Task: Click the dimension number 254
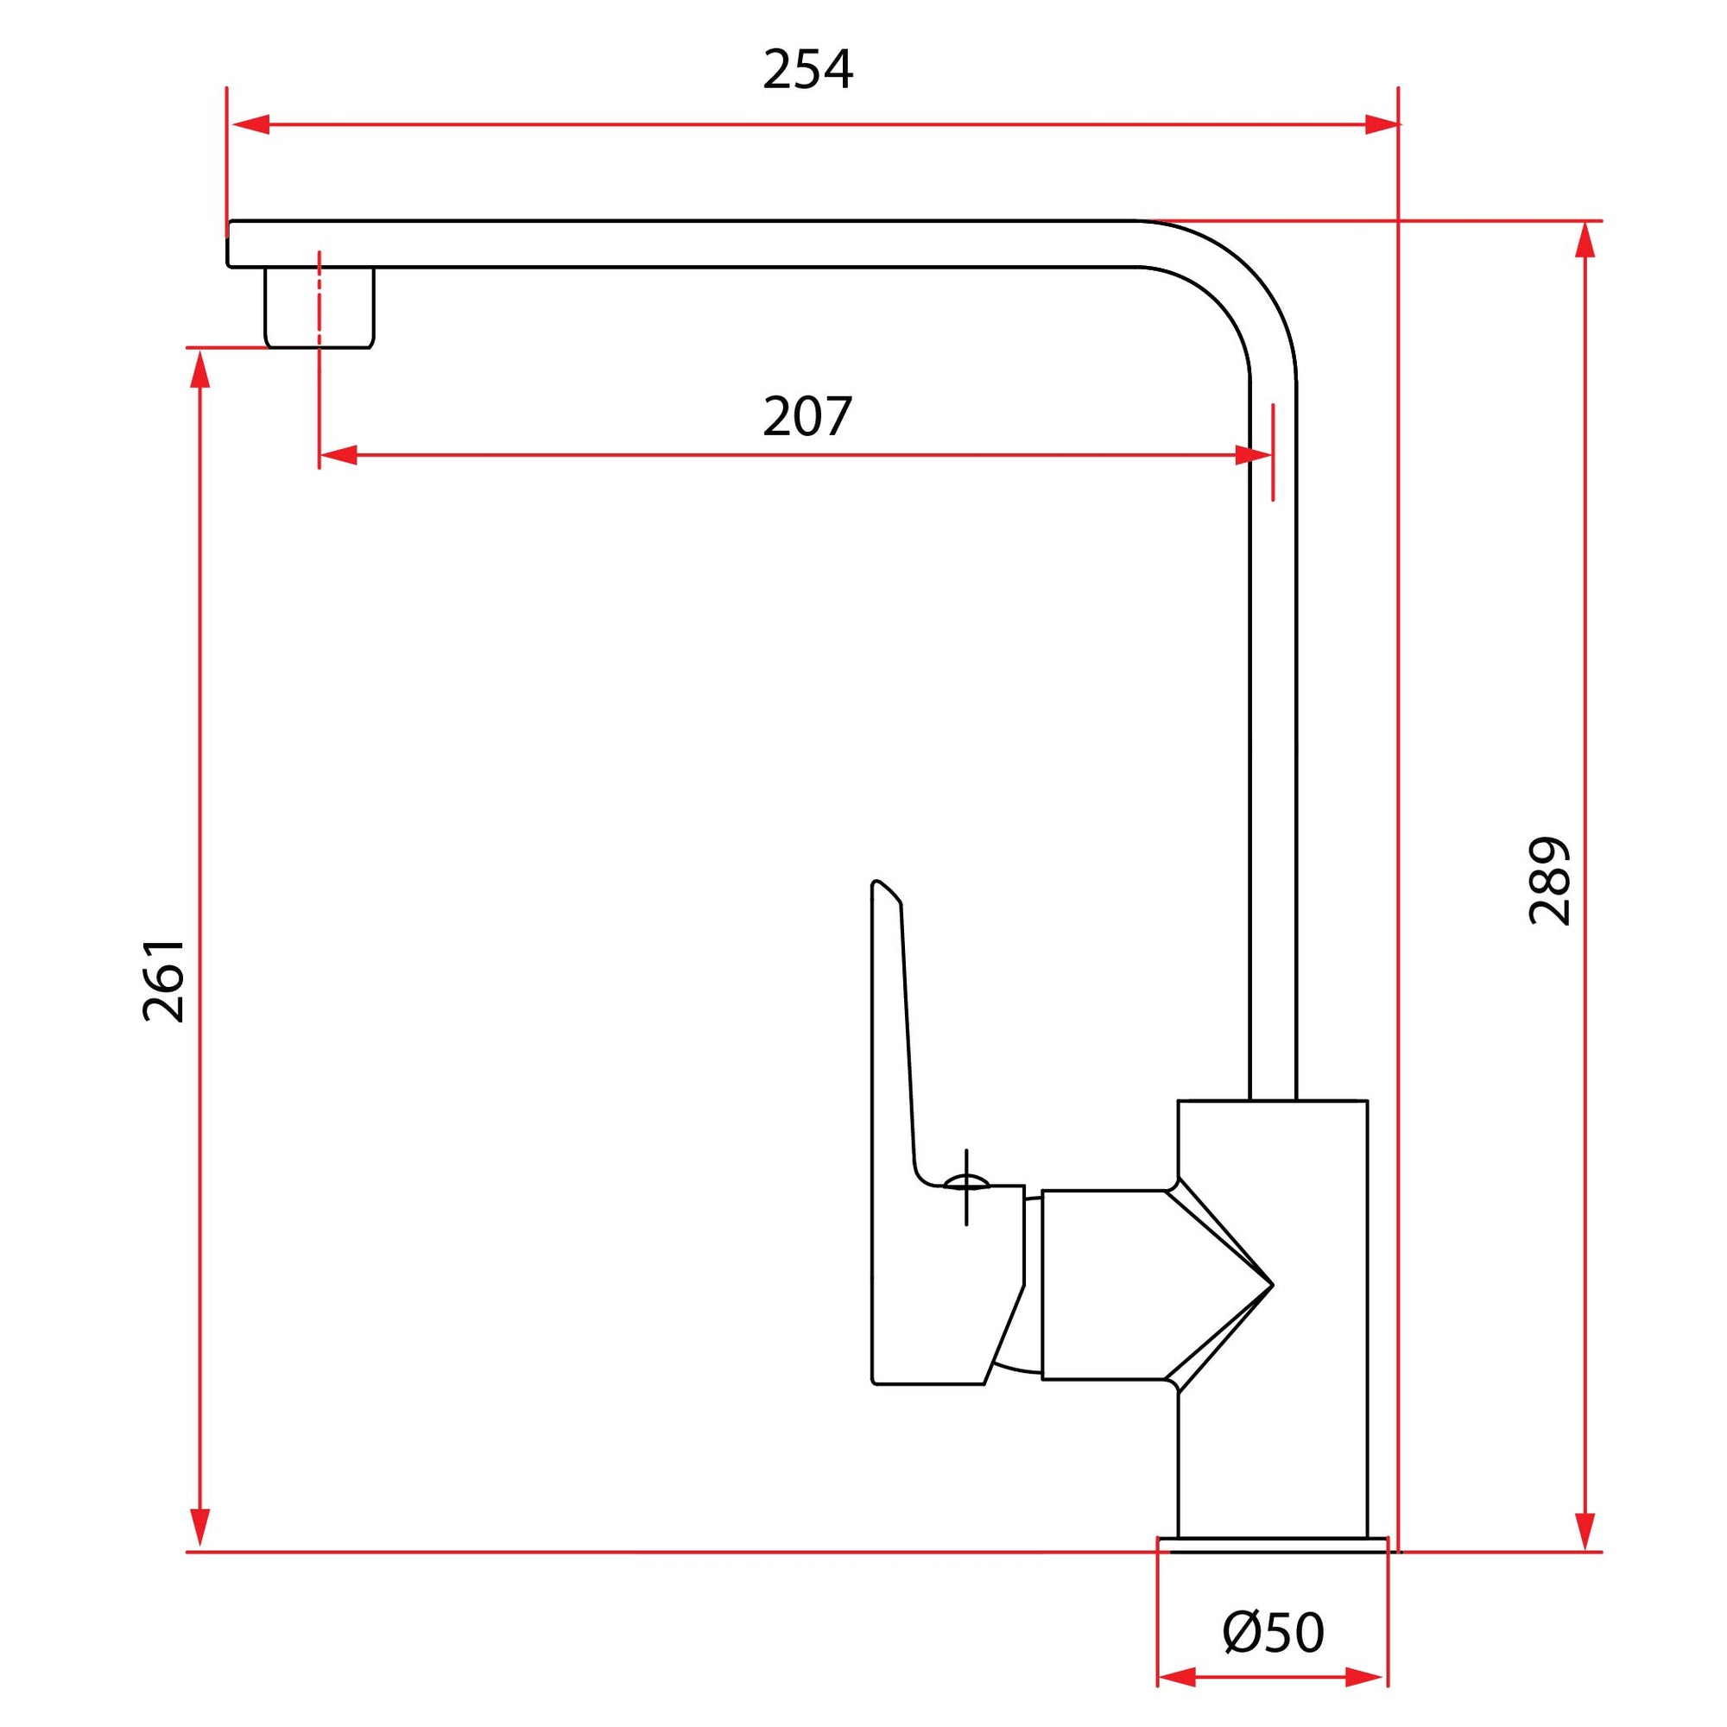click(807, 70)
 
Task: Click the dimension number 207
click(807, 416)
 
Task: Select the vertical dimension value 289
click(1550, 881)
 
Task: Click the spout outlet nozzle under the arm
click(319, 308)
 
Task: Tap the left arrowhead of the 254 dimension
click(250, 124)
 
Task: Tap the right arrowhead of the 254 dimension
click(1381, 124)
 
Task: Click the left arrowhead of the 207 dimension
click(338, 455)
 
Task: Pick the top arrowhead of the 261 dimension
click(201, 370)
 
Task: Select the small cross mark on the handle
click(966, 1186)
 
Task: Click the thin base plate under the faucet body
click(1272, 1544)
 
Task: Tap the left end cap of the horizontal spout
click(231, 244)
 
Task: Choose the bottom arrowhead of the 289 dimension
click(1585, 1528)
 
